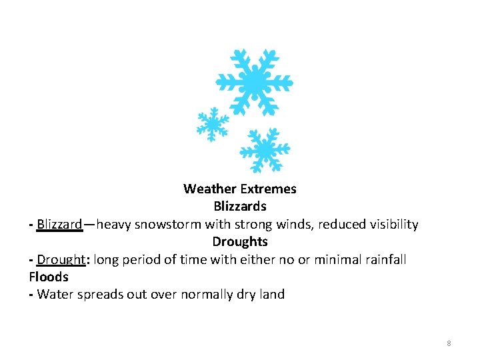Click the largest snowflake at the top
click(255, 82)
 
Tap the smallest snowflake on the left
click(213, 124)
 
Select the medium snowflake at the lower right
click(265, 149)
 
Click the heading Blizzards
click(240, 206)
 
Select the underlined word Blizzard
click(59, 224)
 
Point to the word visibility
click(392, 224)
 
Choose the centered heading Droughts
click(240, 241)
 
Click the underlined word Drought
click(61, 259)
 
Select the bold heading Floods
click(49, 277)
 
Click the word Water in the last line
click(55, 294)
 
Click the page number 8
click(449, 343)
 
